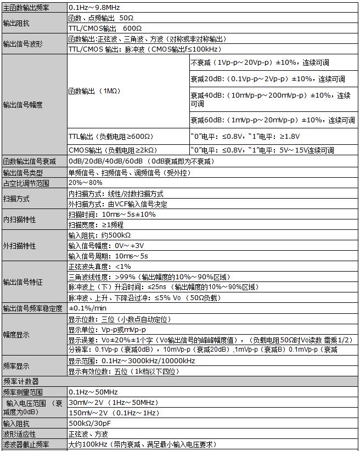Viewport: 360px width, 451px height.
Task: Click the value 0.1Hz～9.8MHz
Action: (94, 8)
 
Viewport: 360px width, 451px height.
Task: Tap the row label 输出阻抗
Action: (16, 24)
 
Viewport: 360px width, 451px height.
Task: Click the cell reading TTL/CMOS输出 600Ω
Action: (101, 29)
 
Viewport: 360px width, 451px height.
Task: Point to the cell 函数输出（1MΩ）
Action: (94, 91)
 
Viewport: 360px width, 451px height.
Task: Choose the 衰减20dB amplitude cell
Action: (267, 79)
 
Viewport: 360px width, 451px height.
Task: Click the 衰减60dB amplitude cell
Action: (272, 120)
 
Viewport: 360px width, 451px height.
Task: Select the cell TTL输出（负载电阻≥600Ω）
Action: (110, 136)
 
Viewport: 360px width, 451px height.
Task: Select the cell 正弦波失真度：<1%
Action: (99, 266)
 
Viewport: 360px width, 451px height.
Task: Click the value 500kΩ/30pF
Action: (89, 424)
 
